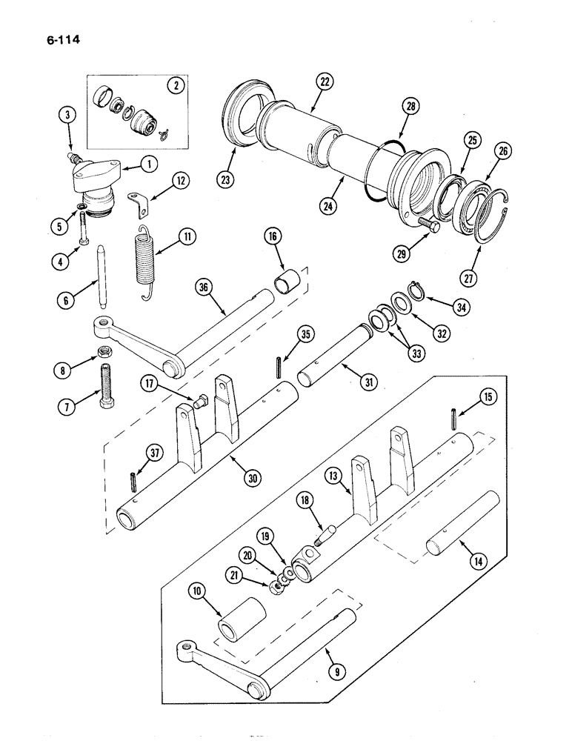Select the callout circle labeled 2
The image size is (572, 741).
176,85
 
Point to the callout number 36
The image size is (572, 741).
203,287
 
